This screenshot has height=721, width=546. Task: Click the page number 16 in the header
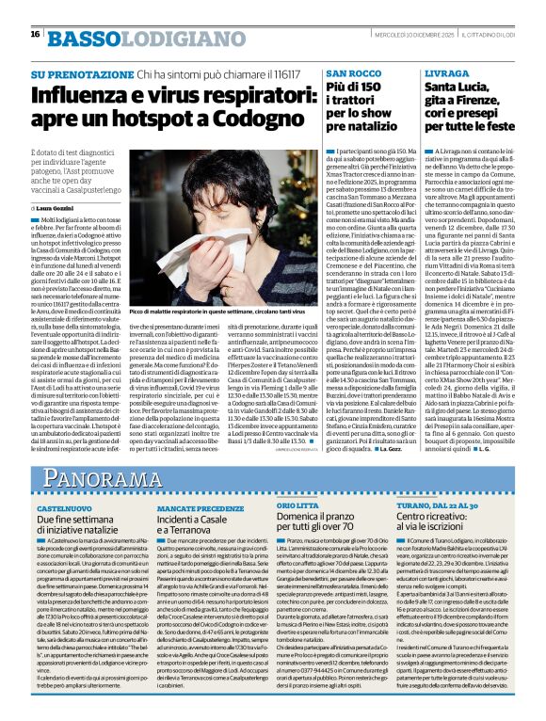pyautogui.click(x=35, y=34)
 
